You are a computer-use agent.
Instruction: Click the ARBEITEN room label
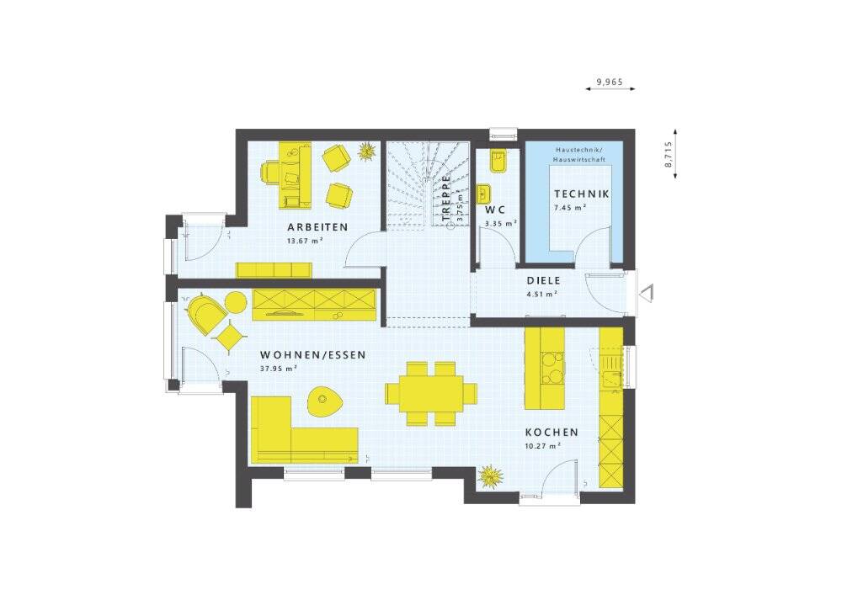(x=317, y=227)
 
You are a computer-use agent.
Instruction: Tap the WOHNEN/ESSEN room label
(x=312, y=355)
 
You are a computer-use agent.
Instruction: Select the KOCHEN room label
(x=552, y=433)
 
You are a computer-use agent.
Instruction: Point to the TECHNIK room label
(x=582, y=194)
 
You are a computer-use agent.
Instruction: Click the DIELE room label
(x=543, y=281)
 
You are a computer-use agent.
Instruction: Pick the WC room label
(x=494, y=210)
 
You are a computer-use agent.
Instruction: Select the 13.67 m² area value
(x=305, y=241)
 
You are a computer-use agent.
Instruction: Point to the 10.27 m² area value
(x=541, y=446)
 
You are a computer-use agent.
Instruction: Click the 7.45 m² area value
(x=569, y=207)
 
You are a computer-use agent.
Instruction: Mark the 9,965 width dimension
(x=610, y=82)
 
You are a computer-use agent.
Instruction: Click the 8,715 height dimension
(x=669, y=154)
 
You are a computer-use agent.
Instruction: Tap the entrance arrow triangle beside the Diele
(x=647, y=292)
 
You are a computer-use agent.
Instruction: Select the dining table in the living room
(x=431, y=393)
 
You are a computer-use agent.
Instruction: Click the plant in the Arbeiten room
(x=366, y=152)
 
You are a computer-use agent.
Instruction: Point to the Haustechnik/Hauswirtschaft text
(x=576, y=153)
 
